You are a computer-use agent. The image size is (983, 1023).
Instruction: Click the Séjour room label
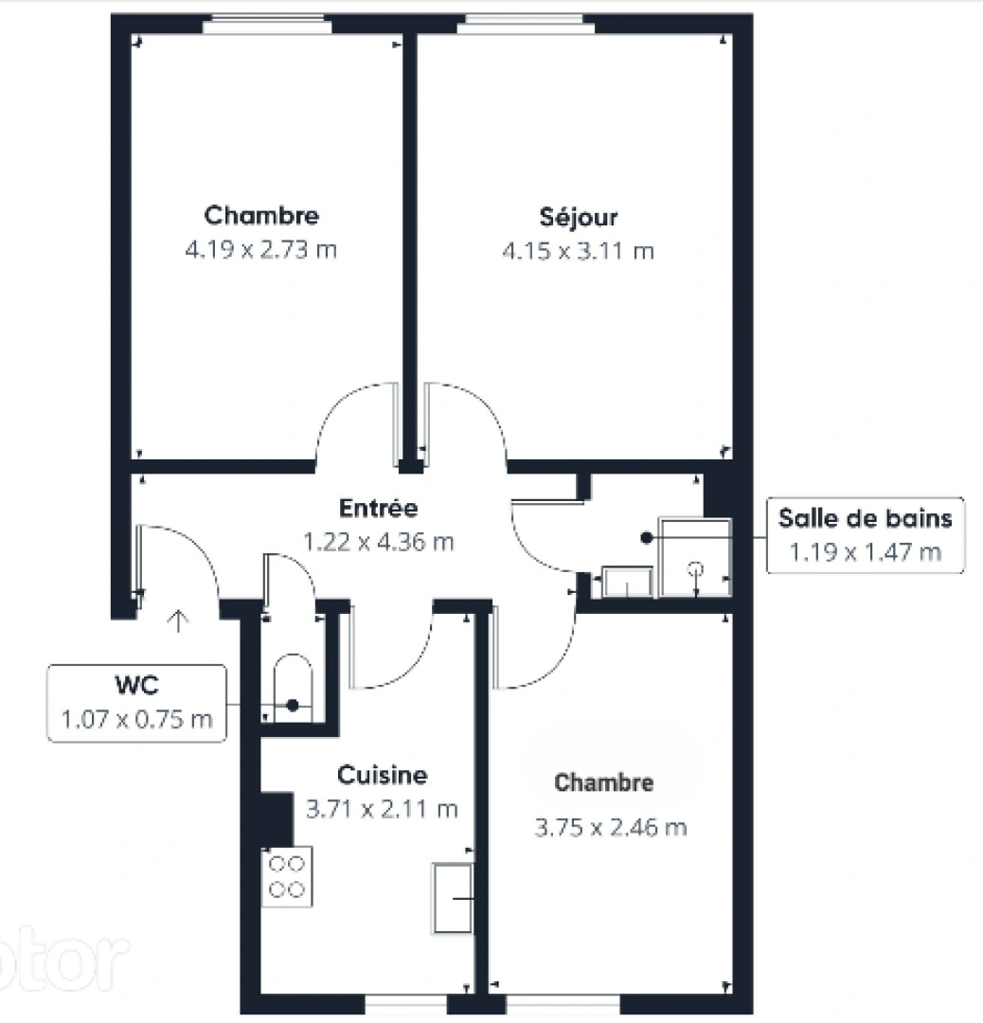tap(578, 217)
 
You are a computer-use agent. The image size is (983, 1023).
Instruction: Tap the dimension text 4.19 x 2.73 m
tap(261, 251)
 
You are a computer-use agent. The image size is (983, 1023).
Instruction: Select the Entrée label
tap(379, 509)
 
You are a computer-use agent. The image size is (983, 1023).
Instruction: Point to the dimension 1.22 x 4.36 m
tap(378, 542)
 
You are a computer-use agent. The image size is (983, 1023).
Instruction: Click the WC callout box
tap(137, 703)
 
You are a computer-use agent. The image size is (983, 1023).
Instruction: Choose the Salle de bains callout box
tap(865, 534)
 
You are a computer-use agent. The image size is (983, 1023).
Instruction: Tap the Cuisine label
tap(382, 776)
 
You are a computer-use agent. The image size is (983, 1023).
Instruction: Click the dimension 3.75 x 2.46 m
tap(611, 828)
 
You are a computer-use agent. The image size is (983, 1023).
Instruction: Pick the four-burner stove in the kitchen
tap(287, 876)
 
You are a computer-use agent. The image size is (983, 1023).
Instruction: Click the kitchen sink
tap(453, 896)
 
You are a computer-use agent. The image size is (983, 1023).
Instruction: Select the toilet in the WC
tap(292, 686)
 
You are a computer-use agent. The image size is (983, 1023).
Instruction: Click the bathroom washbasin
tap(627, 582)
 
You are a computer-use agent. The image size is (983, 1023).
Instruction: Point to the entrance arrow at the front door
tap(178, 620)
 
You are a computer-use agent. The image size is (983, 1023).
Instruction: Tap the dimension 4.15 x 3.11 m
tap(578, 251)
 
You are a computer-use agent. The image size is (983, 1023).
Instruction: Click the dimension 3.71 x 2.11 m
tap(382, 810)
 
